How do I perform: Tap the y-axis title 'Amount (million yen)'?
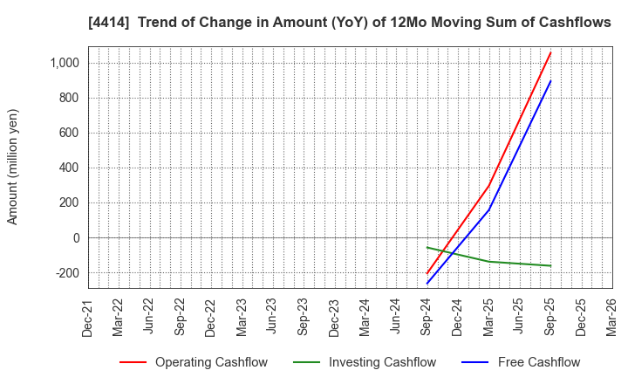tap(13, 167)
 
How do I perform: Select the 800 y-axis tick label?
tap(69, 99)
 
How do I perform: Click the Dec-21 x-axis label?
tap(88, 316)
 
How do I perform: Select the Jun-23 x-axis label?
tap(273, 316)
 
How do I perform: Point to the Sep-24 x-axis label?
tap(427, 316)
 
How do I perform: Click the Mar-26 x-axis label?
tap(612, 316)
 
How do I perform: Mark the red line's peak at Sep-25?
tap(550, 52)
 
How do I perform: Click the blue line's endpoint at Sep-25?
tap(550, 81)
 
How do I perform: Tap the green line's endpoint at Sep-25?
tap(550, 266)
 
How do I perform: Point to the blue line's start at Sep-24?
tap(427, 284)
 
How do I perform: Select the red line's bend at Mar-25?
tap(488, 186)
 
